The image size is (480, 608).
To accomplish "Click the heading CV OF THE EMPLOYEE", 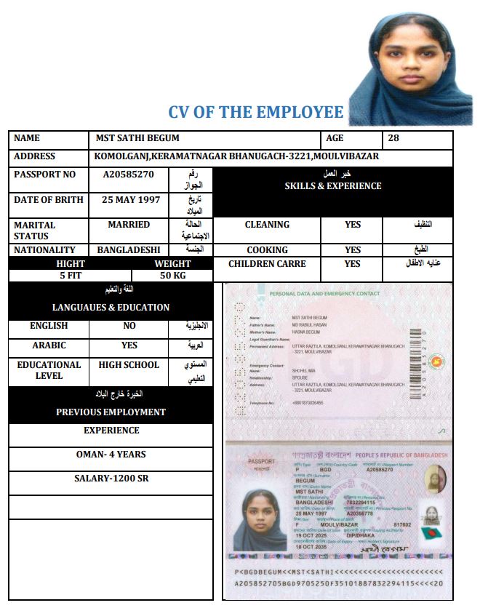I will pos(255,112).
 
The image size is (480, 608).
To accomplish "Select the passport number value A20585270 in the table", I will pos(128,175).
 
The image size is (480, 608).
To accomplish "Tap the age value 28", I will pos(393,138).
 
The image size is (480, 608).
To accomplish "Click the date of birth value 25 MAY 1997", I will pos(129,200).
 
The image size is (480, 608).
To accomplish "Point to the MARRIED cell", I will pos(129,225).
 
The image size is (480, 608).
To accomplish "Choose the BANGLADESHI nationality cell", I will pos(129,249).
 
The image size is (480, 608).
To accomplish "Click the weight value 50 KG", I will pos(173,276).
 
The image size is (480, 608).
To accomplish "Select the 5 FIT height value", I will pos(71,276).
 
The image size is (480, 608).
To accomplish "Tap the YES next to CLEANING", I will pos(353,225).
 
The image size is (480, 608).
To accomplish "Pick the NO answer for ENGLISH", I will pos(129,326).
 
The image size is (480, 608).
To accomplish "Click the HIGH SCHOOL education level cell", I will pos(129,365).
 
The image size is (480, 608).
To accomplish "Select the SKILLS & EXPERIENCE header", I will pos(333,186).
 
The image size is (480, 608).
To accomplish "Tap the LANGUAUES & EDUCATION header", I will pos(111,308).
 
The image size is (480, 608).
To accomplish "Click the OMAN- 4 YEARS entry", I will pos(111,455).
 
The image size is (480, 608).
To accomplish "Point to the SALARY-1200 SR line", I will pos(111,479).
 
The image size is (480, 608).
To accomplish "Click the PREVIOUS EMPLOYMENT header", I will pos(111,412).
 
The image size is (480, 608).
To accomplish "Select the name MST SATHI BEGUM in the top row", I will pos(137,138).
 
